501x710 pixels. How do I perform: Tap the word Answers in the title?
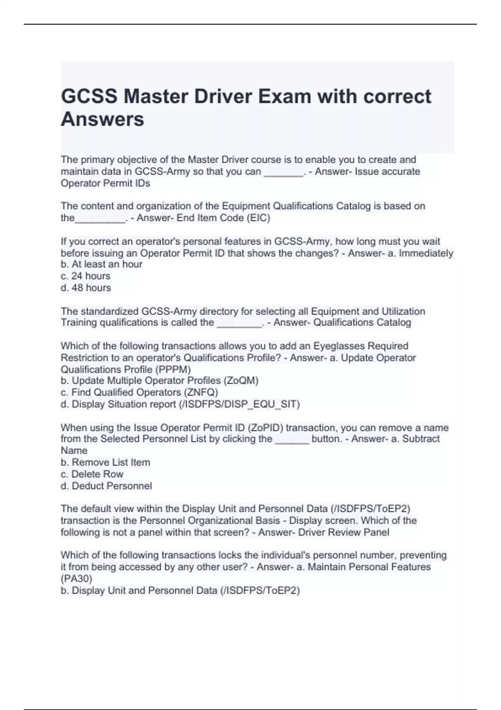(x=102, y=119)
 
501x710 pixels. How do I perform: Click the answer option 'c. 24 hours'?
(x=86, y=276)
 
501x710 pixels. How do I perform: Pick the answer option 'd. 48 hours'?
(x=86, y=288)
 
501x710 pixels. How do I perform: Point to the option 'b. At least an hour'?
(x=101, y=264)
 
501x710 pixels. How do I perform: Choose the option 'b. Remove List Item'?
(x=105, y=462)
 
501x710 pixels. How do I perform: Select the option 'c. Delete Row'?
(x=92, y=474)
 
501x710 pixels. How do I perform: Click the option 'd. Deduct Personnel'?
(x=106, y=486)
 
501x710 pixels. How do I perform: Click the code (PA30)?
(x=76, y=579)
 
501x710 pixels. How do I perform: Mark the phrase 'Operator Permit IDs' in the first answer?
(x=105, y=183)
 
